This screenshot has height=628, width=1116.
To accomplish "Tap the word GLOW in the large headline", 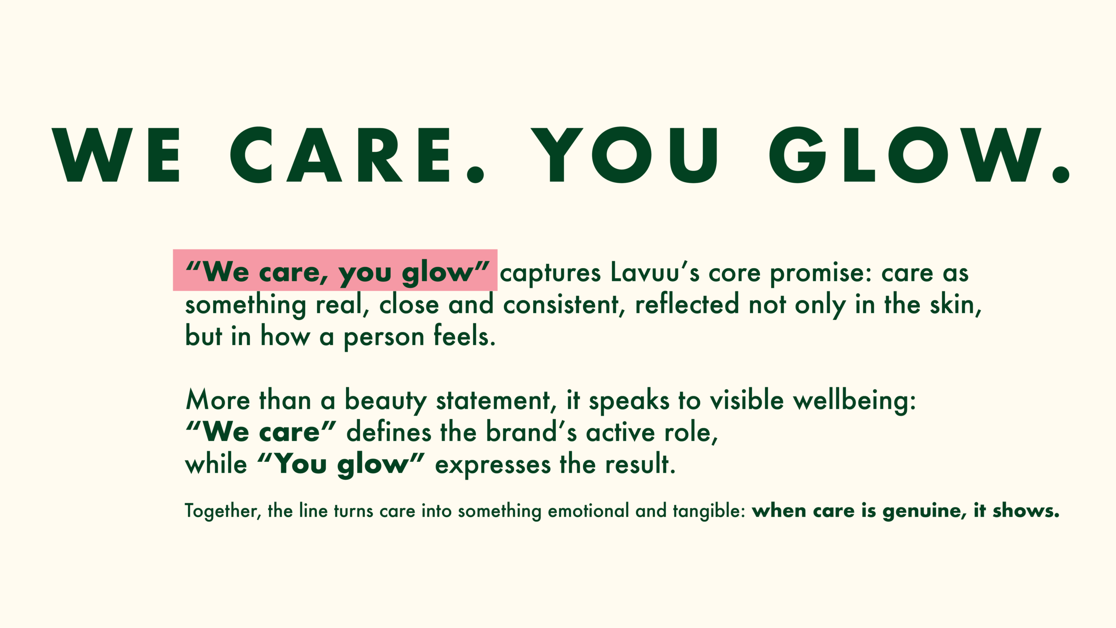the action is coord(918,155).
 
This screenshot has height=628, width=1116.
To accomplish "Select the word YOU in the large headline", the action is coord(624,155).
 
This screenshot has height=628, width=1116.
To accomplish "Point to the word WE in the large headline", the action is coord(116,155).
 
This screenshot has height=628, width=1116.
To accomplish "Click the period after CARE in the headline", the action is coord(475,174).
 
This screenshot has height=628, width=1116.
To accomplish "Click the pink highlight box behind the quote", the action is coord(335,270).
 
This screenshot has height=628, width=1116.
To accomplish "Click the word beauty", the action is coord(386,401).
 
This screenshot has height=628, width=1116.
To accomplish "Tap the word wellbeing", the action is coord(854,401).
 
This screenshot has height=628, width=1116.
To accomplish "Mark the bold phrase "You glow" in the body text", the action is coord(340,464).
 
